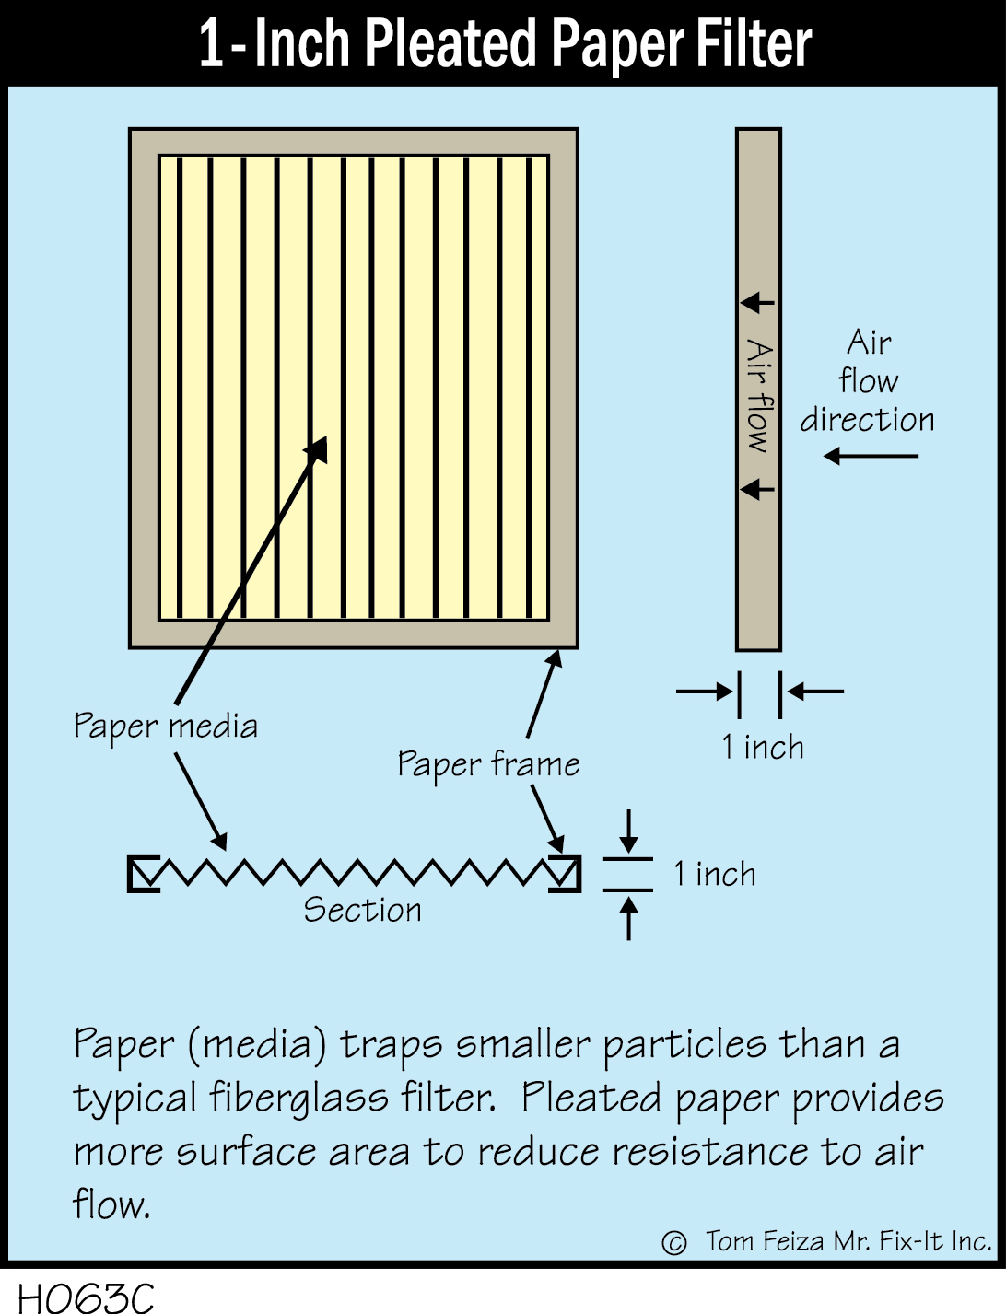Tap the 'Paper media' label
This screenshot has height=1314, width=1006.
pyautogui.click(x=166, y=727)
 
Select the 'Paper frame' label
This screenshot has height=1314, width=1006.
pyautogui.click(x=488, y=764)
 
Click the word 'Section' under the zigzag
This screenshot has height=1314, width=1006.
pyautogui.click(x=362, y=910)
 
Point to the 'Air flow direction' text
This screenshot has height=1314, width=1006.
pyautogui.click(x=867, y=381)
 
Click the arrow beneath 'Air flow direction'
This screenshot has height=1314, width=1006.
pyautogui.click(x=871, y=456)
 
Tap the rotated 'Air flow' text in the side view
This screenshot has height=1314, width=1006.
pyautogui.click(x=759, y=396)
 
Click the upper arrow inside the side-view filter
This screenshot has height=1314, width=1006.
pyautogui.click(x=757, y=302)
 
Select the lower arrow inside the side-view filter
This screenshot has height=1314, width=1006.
pyautogui.click(x=757, y=488)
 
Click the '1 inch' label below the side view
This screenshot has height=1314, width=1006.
pyautogui.click(x=763, y=747)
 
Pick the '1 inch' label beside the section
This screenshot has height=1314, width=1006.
pyautogui.click(x=715, y=874)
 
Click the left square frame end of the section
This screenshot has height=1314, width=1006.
pyautogui.click(x=144, y=874)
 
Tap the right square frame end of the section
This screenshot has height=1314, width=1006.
pyautogui.click(x=564, y=873)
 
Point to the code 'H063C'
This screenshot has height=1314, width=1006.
pyautogui.click(x=86, y=1297)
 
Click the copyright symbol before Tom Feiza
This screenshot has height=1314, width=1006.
pyautogui.click(x=674, y=1243)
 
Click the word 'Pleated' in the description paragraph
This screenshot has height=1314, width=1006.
pyautogui.click(x=591, y=1098)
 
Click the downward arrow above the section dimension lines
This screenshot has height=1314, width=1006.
pyautogui.click(x=628, y=831)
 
